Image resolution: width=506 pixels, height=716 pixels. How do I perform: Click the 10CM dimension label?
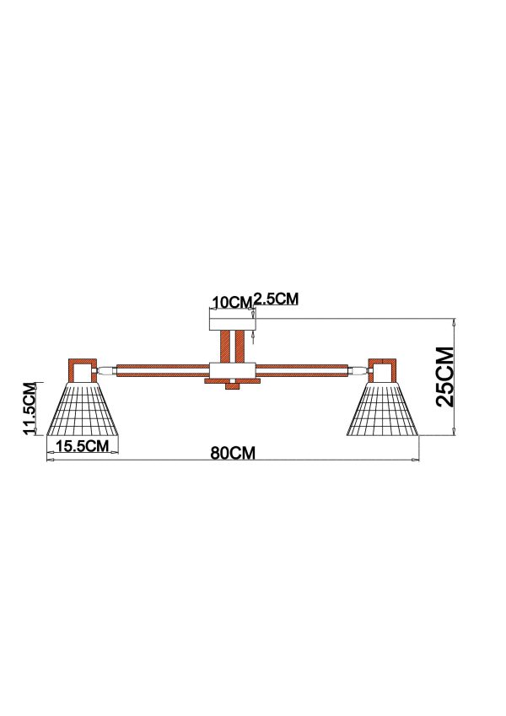click(x=232, y=302)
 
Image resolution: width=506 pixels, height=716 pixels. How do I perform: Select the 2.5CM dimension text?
click(x=277, y=299)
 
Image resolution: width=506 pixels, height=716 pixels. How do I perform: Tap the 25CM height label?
click(x=444, y=377)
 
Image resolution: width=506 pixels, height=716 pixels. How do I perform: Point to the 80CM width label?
click(x=233, y=453)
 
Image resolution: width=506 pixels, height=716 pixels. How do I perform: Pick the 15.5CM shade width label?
click(x=83, y=445)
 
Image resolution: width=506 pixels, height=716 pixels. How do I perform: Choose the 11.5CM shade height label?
click(x=30, y=409)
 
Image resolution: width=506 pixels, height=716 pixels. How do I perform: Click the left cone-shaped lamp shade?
click(x=83, y=409)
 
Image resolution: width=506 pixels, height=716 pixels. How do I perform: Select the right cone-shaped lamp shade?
click(x=383, y=409)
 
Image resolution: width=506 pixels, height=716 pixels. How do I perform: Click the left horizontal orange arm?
click(x=163, y=370)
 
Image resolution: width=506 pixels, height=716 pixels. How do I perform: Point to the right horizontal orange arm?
click(x=302, y=370)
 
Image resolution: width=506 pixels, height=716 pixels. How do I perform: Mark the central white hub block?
click(x=232, y=370)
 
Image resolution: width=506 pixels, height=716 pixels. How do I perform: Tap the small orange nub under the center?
click(x=233, y=386)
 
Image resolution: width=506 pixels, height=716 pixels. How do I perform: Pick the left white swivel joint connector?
click(x=106, y=370)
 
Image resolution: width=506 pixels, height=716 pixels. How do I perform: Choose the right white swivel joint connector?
click(x=358, y=370)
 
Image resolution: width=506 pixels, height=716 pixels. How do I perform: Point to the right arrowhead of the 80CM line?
click(x=416, y=460)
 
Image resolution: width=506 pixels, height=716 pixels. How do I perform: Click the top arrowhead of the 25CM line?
click(x=454, y=321)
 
